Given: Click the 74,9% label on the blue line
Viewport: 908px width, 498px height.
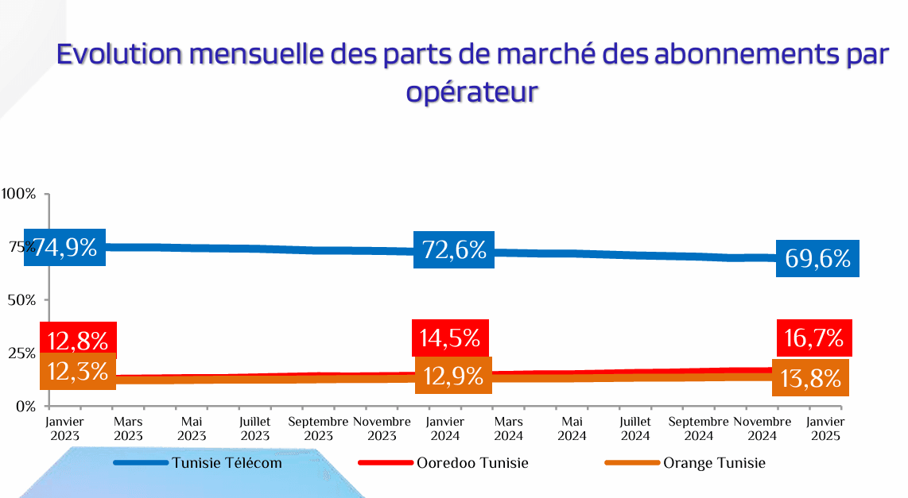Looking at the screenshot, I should pos(65,247).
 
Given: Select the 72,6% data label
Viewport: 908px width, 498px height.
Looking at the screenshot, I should pos(454,250).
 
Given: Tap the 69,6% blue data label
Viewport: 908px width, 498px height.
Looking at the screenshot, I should pos(817,258).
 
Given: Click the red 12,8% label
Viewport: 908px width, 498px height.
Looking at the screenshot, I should pos(78,340).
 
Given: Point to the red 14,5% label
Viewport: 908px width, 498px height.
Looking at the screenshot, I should pos(450,338).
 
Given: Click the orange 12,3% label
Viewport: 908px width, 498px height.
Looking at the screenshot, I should pos(78,371).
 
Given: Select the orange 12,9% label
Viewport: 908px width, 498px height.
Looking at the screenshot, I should pos(453,376).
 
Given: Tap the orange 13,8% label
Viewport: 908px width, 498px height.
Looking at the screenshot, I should pos(810,378).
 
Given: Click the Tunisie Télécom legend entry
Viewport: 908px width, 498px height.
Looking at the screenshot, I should pos(227,463).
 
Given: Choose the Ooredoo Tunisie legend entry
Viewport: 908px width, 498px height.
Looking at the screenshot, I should pos(472,463).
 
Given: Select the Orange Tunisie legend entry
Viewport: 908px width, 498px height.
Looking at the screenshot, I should pos(714,463).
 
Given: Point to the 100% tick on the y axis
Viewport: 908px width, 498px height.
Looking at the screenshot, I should pos(18,194).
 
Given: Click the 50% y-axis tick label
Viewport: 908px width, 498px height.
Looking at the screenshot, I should pos(21,299).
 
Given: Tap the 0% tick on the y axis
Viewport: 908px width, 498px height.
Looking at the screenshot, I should pos(25,406).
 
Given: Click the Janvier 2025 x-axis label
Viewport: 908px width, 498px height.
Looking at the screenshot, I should pos(826,429).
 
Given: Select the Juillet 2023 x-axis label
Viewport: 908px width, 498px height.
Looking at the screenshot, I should pos(255,429).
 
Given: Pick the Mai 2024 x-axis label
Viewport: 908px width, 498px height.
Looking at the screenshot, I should pos(572,429).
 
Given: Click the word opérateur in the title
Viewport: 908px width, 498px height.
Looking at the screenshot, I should pos(472,91).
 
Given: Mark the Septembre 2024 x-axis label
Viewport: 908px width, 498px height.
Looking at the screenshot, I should pos(699,429).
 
